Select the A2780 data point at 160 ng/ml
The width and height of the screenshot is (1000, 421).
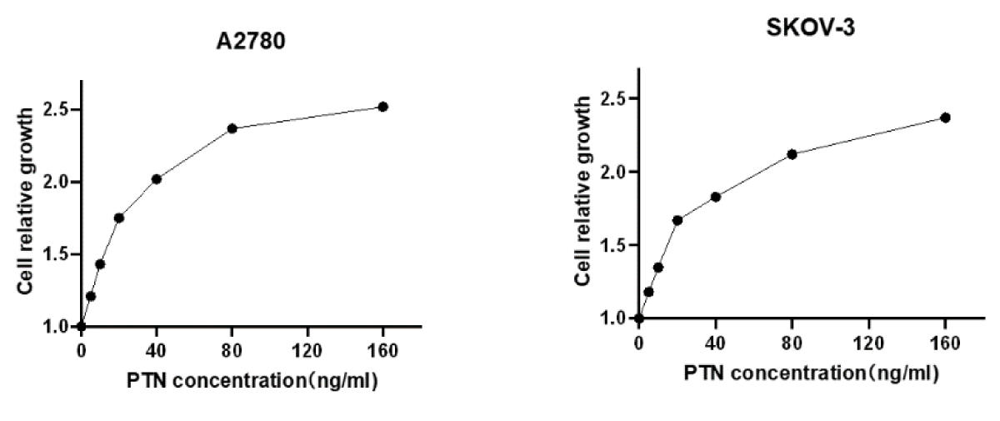383,107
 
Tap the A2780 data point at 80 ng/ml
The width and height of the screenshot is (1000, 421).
232,128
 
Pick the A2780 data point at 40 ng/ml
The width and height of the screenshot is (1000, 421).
157,178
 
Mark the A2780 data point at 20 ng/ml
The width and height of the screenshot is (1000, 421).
119,218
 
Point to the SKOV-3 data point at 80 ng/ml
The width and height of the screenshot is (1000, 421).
792,154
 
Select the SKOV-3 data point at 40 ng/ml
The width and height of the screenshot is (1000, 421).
716,197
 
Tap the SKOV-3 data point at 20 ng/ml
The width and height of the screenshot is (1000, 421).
677,220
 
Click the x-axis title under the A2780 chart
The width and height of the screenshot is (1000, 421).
253,381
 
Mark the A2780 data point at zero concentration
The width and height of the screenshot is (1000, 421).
81,326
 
